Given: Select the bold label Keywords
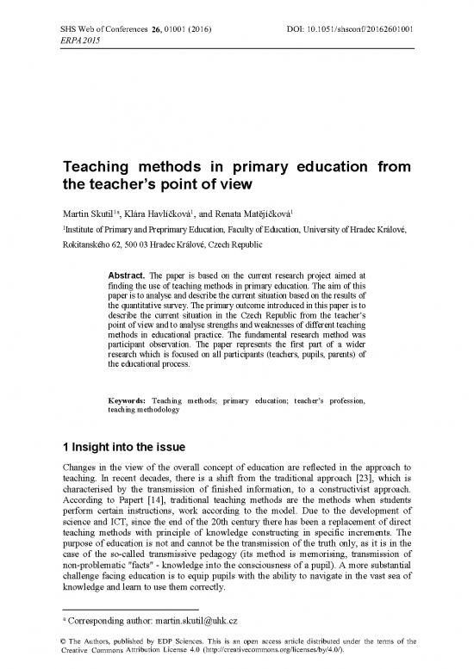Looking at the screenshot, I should (124, 401).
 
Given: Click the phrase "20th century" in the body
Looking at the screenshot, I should (228, 527).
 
